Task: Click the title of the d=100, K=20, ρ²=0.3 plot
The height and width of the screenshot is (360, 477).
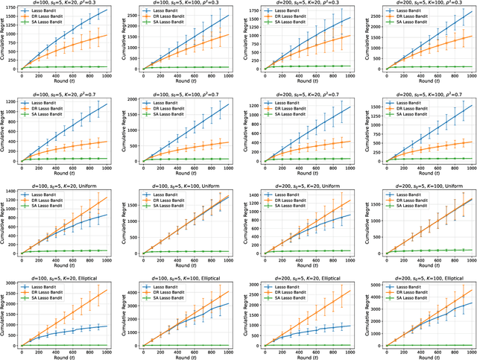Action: [66, 5]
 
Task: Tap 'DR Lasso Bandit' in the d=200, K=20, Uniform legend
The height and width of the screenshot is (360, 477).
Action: [287, 200]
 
